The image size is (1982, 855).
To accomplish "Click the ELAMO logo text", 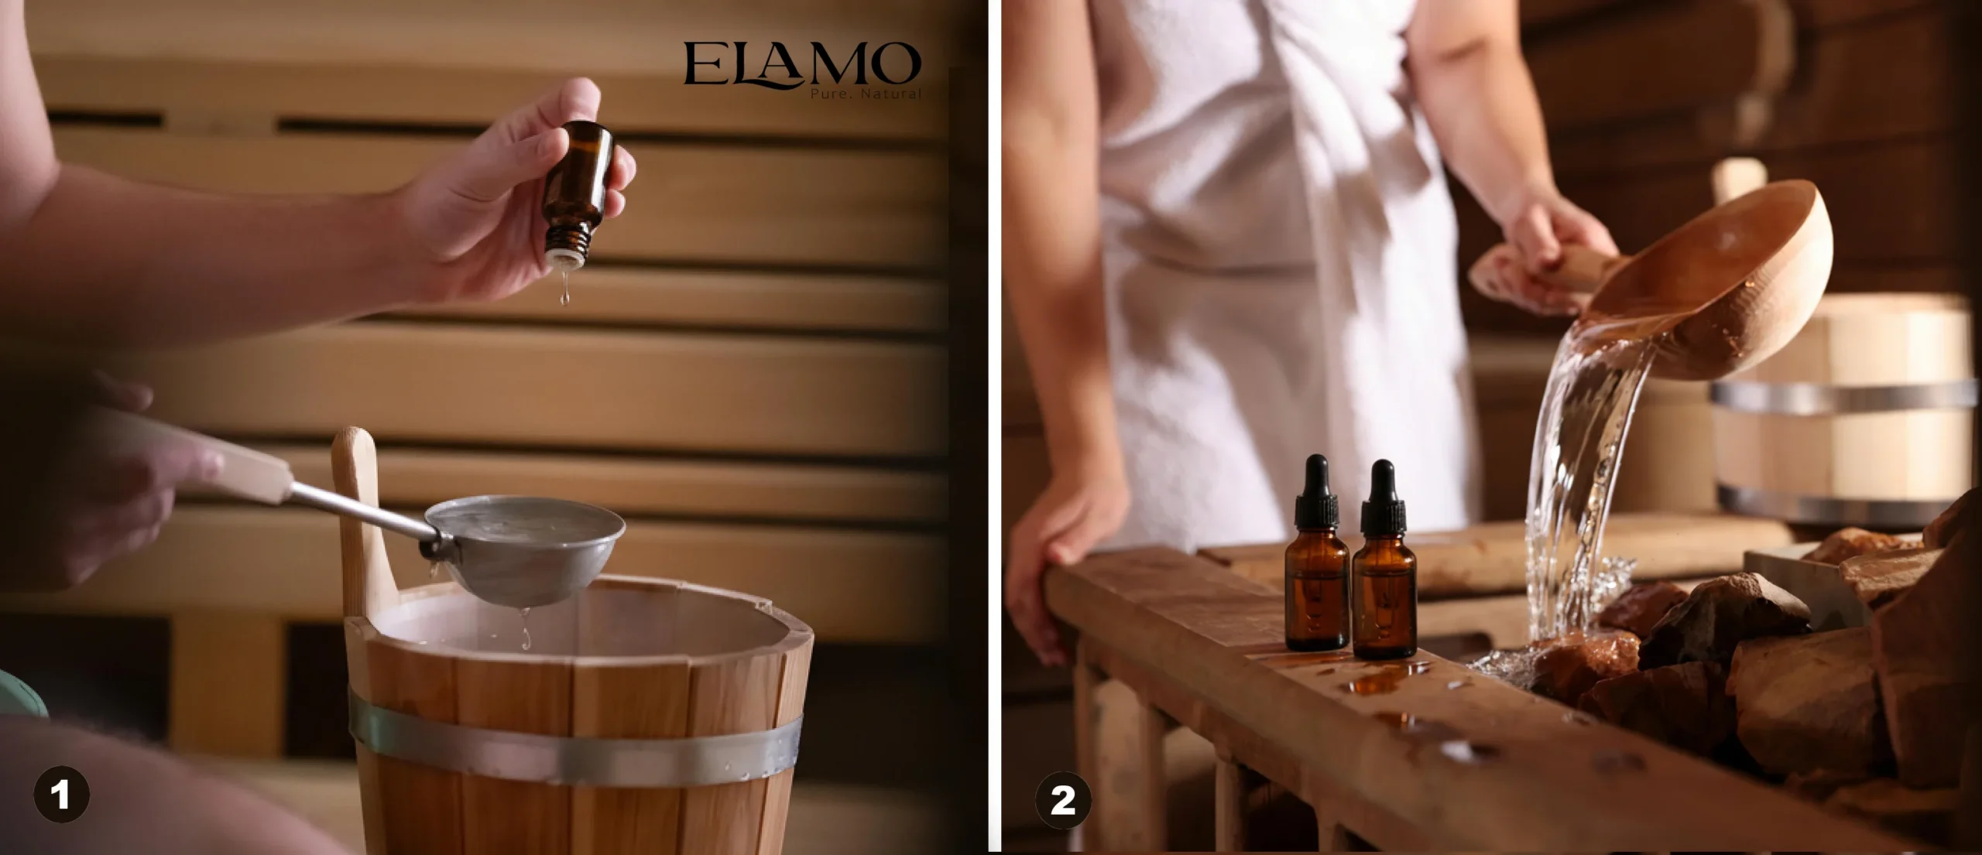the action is tap(802, 64).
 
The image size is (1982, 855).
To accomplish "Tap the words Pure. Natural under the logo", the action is tap(866, 94).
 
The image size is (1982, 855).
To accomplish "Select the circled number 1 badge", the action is tap(61, 794).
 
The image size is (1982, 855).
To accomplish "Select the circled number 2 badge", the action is tap(1063, 799).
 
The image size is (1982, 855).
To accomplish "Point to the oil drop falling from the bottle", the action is tap(564, 290).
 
